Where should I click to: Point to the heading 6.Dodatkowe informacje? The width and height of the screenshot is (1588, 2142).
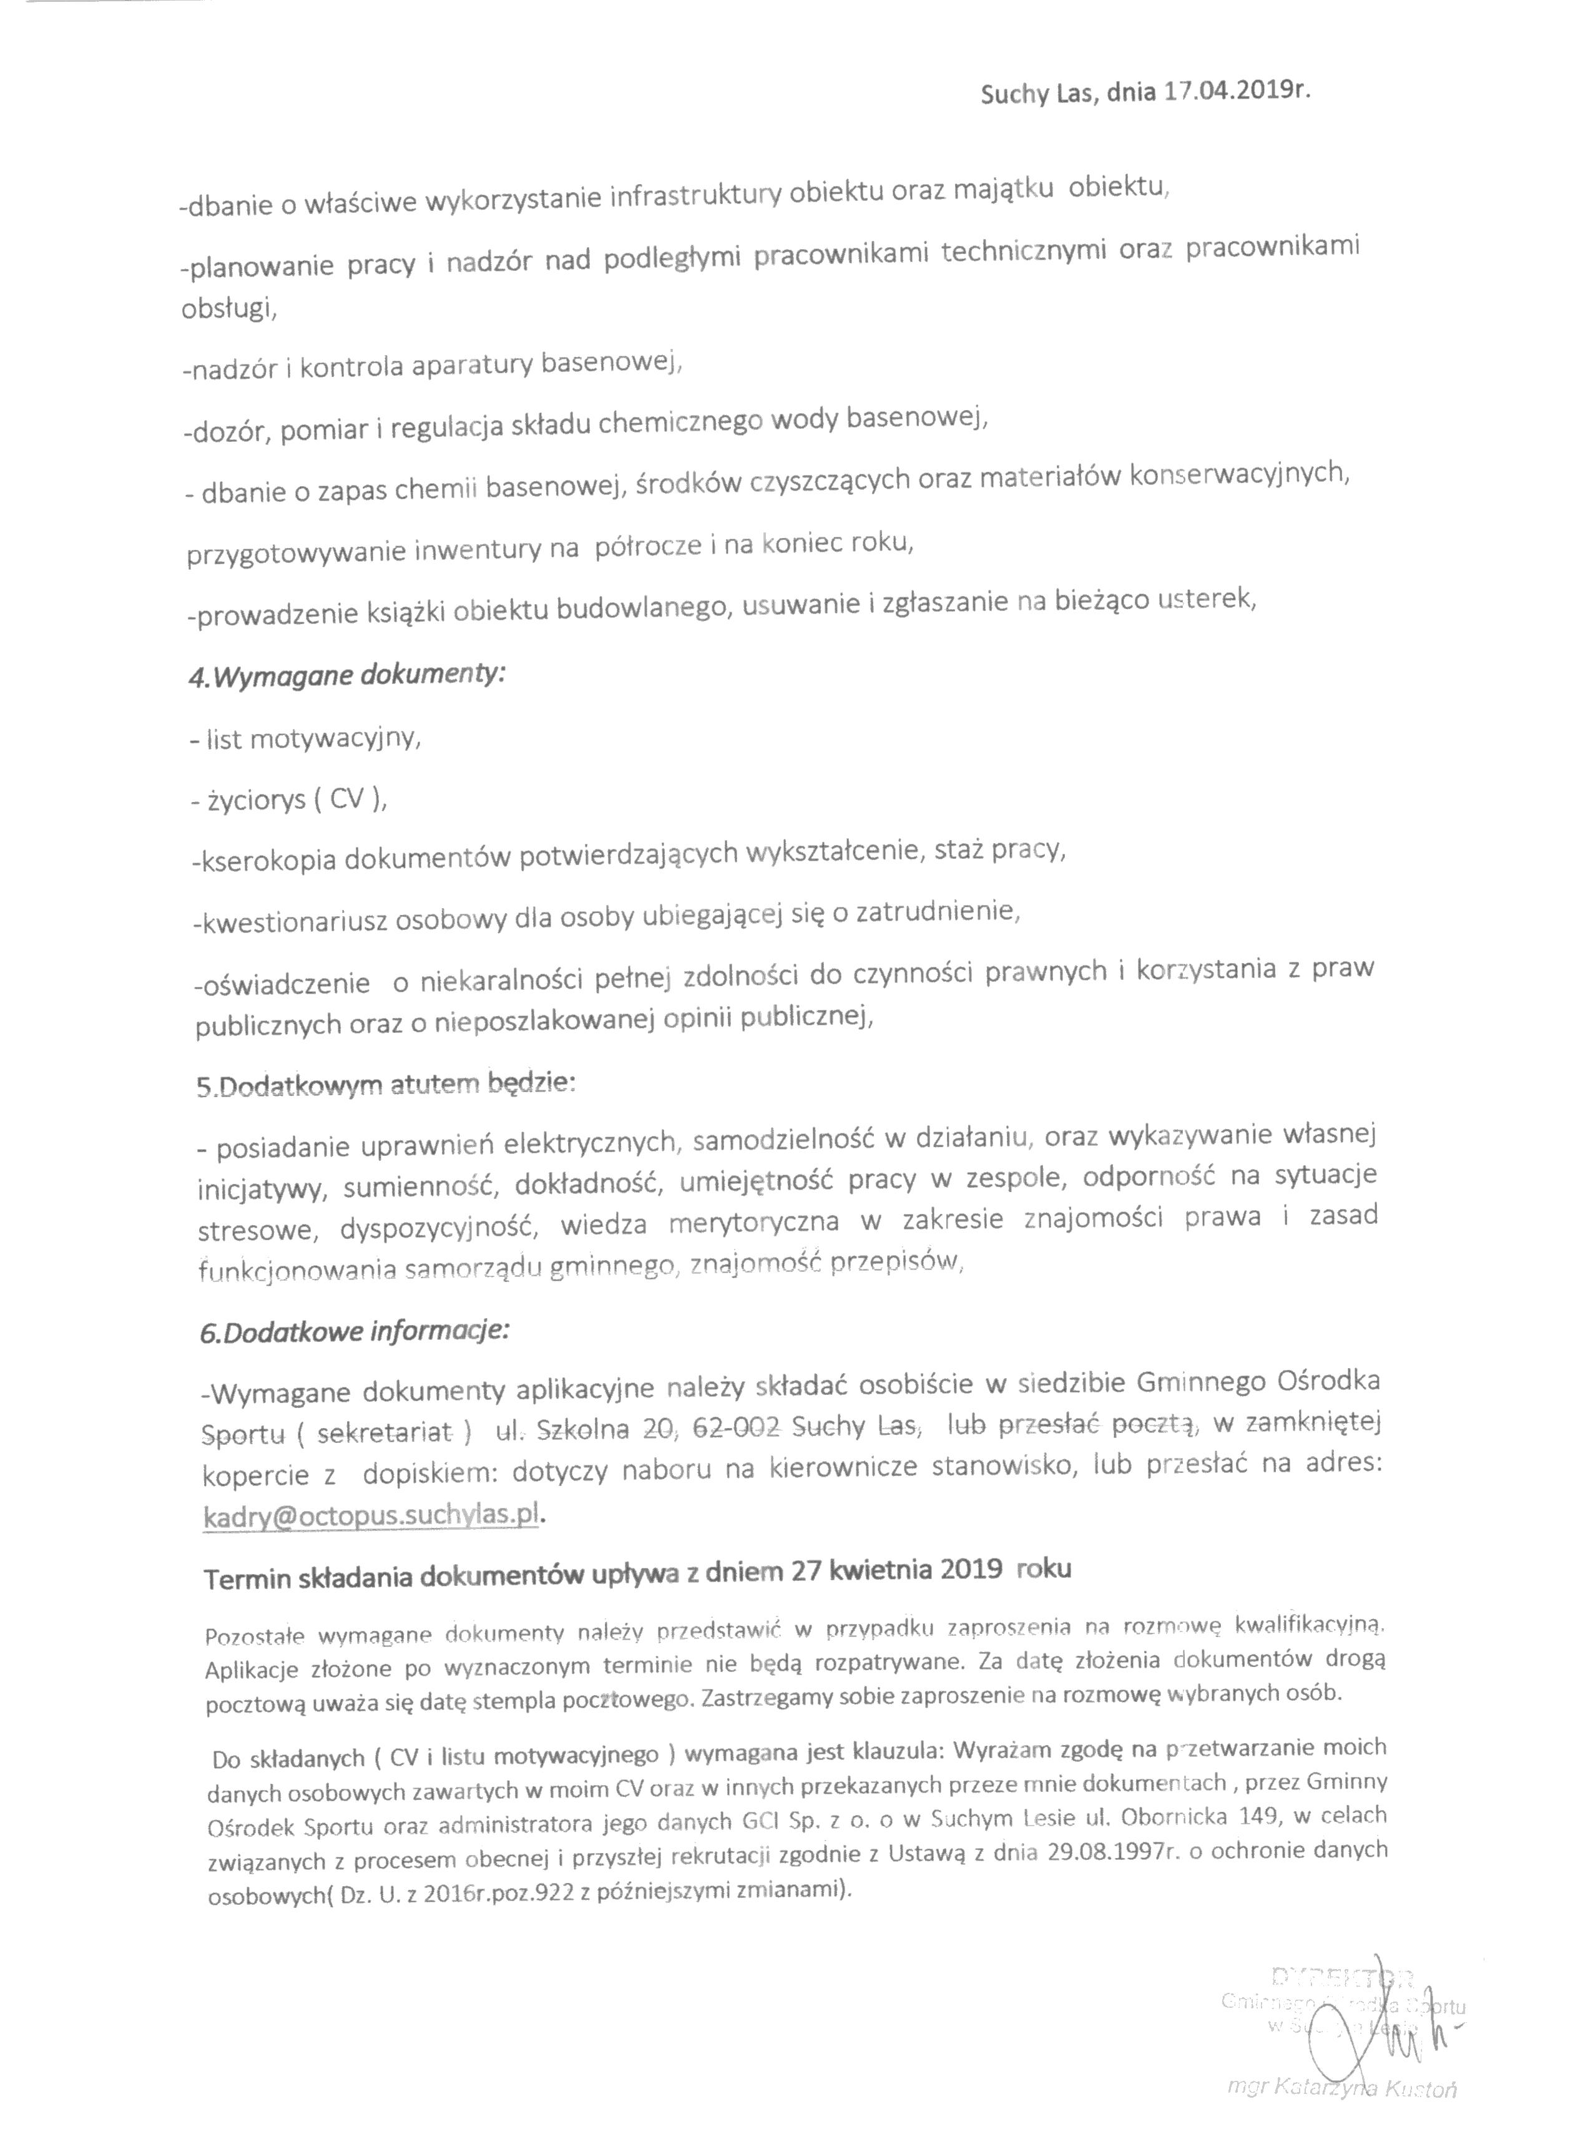[x=355, y=1333]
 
